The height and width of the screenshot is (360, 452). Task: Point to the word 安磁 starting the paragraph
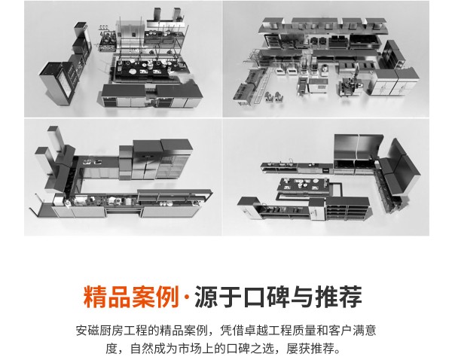[x=88, y=331]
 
